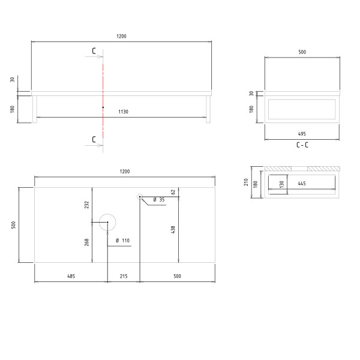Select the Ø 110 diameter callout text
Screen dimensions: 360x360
[x=122, y=241]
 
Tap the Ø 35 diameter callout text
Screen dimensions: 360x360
[x=158, y=199]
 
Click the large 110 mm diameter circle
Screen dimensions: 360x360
[x=107, y=223]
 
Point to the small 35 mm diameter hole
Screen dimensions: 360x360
[x=139, y=197]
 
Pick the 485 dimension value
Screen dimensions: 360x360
[x=71, y=276]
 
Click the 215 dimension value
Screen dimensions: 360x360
[x=123, y=276]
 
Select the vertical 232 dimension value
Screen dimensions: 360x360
[x=86, y=205]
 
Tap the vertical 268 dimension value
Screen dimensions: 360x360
[x=86, y=242]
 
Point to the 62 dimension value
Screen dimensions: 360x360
[x=173, y=192]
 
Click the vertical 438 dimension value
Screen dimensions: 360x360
[x=173, y=229]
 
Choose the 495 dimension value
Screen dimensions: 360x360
[x=302, y=134]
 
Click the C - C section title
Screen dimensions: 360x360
[x=302, y=145]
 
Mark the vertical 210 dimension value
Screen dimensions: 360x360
[x=246, y=182]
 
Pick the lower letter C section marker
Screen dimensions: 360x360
[x=94, y=139]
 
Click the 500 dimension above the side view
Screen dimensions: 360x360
[x=302, y=53]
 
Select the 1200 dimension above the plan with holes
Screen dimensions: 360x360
[x=124, y=172]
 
